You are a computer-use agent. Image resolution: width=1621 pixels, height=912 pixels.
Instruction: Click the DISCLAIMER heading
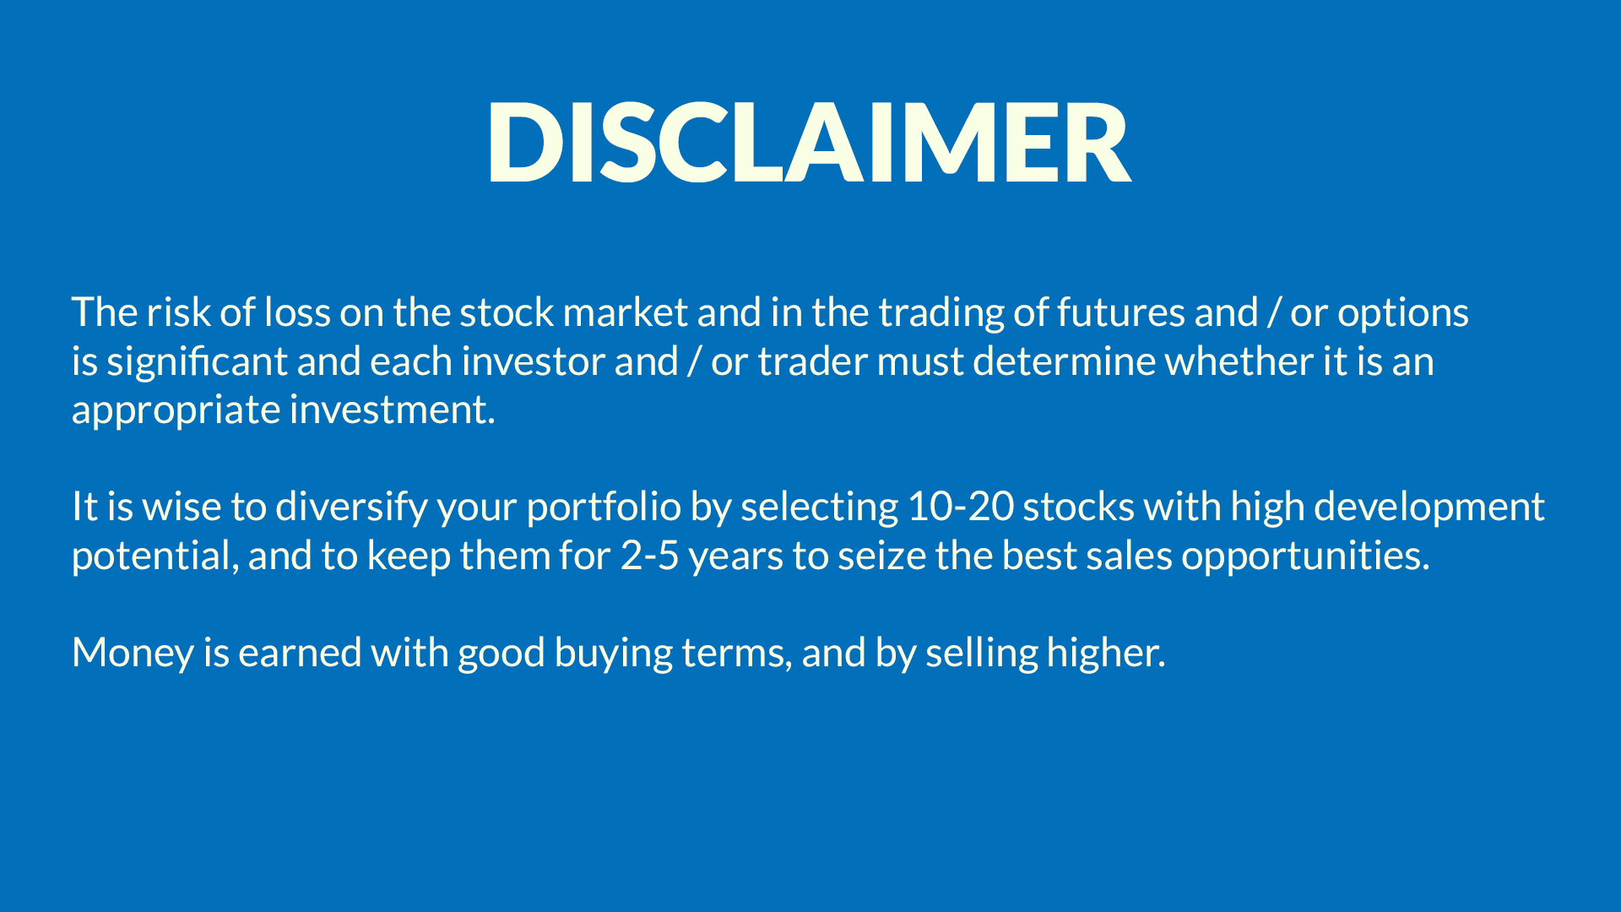pos(809,141)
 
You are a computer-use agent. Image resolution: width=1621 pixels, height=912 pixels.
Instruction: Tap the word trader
pos(812,361)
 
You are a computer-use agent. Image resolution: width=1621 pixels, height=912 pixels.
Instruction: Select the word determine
pos(1064,361)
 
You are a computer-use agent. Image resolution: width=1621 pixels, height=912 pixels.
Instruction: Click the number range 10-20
pos(961,507)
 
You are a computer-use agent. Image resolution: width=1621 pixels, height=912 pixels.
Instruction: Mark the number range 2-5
pos(650,556)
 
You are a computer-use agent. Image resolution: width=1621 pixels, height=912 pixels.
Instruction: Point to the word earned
pos(300,653)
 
